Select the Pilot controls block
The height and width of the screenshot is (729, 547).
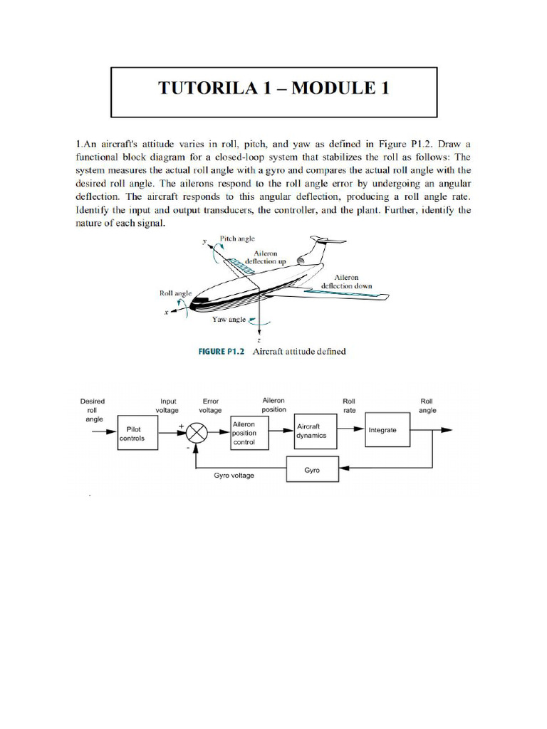(135, 434)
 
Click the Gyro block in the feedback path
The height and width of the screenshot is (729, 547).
(311, 471)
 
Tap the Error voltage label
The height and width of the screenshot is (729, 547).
(211, 406)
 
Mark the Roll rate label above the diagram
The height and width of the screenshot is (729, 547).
(350, 405)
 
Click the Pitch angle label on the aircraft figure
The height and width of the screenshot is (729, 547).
(237, 239)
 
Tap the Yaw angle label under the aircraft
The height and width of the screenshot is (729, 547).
(229, 320)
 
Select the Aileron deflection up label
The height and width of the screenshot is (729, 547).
(265, 257)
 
